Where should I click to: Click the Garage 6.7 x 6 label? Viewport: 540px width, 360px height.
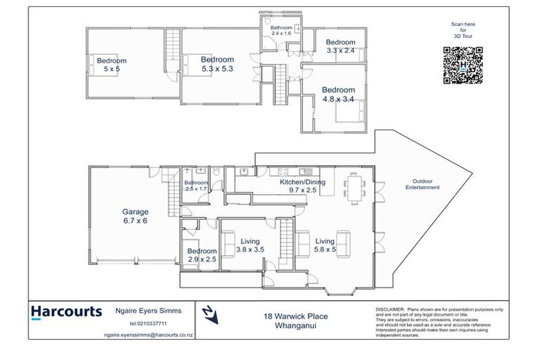[135, 216]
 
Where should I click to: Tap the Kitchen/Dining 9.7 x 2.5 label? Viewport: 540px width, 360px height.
[302, 186]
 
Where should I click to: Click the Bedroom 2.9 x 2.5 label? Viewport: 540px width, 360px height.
[201, 255]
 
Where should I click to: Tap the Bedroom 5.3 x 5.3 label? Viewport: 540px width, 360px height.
[217, 64]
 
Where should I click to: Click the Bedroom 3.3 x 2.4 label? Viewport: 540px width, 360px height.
[340, 46]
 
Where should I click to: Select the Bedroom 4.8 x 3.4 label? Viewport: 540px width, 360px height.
[338, 94]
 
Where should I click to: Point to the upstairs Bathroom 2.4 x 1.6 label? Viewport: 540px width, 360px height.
[281, 30]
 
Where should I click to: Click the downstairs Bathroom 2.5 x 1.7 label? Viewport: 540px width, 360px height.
[196, 186]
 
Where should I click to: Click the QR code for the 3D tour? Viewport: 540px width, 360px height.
[463, 65]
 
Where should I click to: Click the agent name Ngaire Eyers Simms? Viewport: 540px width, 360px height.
[148, 311]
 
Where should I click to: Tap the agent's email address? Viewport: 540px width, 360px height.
[148, 335]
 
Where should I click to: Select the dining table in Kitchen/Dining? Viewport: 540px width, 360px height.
[353, 186]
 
